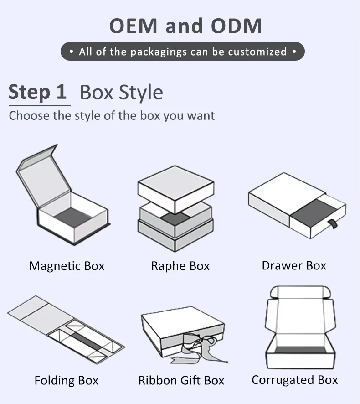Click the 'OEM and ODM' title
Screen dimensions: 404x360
[x=186, y=26]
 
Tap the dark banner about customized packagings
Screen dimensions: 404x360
[x=182, y=52]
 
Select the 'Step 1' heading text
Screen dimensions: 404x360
[x=38, y=92]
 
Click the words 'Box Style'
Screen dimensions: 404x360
[x=121, y=93]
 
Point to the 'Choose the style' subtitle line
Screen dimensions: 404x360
[x=112, y=115]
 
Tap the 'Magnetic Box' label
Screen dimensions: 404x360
[x=67, y=266]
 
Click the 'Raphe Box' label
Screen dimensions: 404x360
[x=180, y=266]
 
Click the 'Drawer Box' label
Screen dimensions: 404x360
[x=294, y=265]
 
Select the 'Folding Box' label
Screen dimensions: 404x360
[x=66, y=380]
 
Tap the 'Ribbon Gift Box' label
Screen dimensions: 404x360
[x=181, y=380]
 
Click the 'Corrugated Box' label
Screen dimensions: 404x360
[x=295, y=380]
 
